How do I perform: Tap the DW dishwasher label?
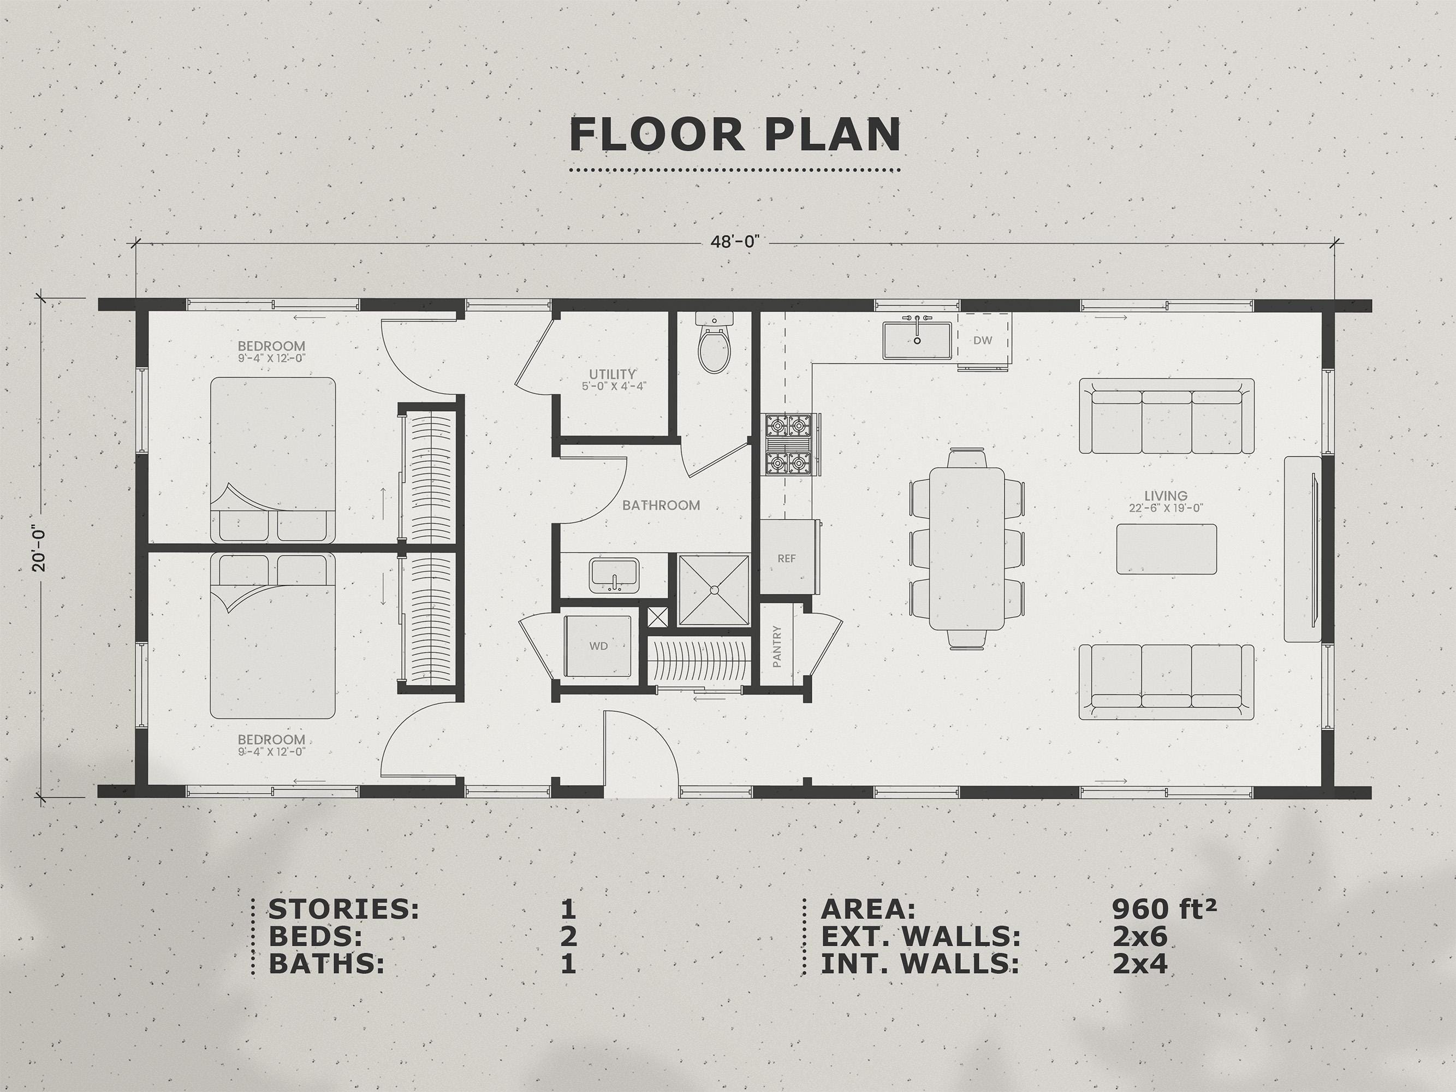point(982,340)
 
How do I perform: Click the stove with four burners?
point(790,444)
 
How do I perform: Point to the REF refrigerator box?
point(787,558)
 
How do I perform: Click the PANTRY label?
point(777,646)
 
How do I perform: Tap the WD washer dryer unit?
point(598,646)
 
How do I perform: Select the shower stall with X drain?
point(714,589)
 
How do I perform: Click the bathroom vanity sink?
point(614,574)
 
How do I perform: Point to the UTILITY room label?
point(612,375)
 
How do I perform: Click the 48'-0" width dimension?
point(735,241)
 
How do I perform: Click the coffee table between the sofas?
point(1166,549)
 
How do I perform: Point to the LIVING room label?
point(1165,496)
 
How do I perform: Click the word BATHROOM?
point(661,506)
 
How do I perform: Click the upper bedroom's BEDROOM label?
point(271,346)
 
